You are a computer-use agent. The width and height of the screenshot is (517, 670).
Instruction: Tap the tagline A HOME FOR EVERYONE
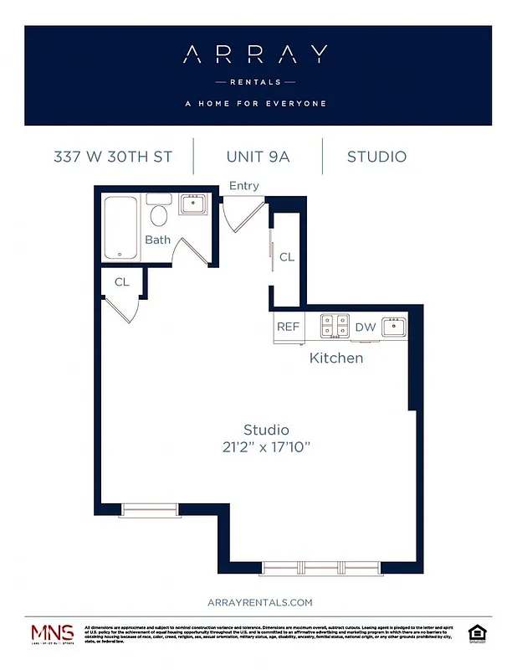tap(255, 104)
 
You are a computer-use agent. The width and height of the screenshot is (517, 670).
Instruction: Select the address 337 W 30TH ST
tap(113, 157)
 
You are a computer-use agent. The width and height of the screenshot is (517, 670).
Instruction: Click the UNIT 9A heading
tap(258, 157)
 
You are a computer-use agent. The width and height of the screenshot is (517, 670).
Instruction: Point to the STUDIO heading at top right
tap(376, 157)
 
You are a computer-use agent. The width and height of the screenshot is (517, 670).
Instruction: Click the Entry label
tap(243, 186)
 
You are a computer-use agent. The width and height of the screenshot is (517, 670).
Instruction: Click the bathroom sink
tap(193, 204)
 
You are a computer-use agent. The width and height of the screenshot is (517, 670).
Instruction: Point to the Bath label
tap(157, 240)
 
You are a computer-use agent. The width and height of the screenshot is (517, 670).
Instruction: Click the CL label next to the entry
tap(287, 257)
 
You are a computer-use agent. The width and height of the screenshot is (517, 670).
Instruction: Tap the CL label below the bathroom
tap(122, 282)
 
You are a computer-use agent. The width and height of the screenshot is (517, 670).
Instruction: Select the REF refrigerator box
tap(288, 327)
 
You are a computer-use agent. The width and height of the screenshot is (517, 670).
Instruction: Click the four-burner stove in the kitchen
tap(336, 327)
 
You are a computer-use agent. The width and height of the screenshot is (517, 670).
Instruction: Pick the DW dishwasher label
tap(366, 327)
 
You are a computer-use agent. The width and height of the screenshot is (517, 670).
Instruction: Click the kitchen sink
tap(393, 327)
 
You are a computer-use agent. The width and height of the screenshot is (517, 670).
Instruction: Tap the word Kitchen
tap(336, 358)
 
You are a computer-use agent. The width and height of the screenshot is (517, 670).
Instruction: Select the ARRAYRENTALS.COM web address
tap(258, 602)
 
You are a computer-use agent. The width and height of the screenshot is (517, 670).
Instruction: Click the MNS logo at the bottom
tap(53, 634)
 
